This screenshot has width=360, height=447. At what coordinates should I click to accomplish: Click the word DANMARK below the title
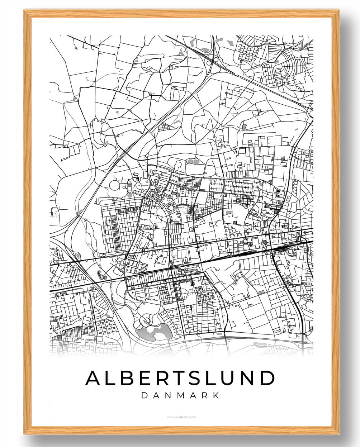(180, 395)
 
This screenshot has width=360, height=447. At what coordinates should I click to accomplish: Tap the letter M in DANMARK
(180, 395)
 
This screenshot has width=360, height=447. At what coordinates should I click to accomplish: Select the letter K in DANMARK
(216, 395)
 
